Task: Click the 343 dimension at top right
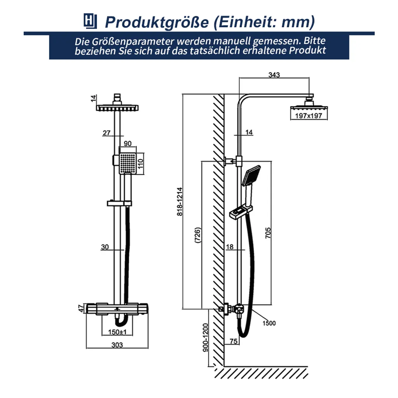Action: tap(274, 75)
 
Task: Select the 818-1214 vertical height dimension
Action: tap(179, 202)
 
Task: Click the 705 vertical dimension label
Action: tap(268, 232)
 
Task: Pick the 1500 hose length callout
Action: tap(269, 323)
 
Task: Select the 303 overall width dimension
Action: tap(117, 345)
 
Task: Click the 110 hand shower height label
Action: tap(141, 160)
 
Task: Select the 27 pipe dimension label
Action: tap(106, 133)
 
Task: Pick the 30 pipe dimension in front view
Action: tap(105, 247)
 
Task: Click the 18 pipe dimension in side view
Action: tap(229, 247)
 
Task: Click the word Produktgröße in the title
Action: tap(157, 22)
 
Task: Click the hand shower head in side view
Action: tap(251, 175)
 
